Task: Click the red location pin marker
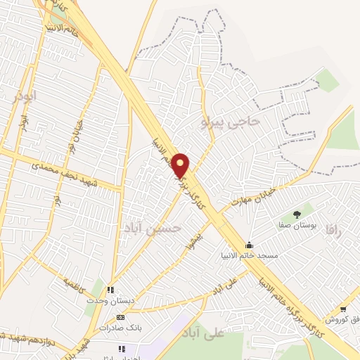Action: coord(181,165)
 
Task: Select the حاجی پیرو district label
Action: coord(230,122)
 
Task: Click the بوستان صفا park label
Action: coord(297,226)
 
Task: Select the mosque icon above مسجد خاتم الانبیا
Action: coord(249,245)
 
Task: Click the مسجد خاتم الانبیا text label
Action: coord(250,256)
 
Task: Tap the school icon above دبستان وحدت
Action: coord(110,288)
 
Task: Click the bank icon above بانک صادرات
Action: coord(120,317)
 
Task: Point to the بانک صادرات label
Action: coord(117,328)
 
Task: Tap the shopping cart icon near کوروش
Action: coord(342,309)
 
